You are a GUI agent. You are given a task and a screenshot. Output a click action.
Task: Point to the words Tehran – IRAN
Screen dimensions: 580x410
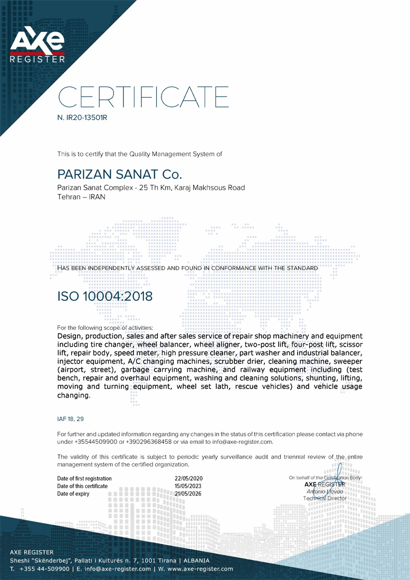81,197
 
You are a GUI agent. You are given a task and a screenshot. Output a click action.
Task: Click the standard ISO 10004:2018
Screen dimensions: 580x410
104,296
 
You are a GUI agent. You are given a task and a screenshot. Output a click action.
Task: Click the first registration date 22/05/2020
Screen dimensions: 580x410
181,478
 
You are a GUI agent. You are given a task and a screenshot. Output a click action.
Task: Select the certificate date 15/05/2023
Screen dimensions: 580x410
181,486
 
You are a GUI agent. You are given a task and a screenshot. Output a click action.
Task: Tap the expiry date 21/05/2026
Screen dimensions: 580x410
181,494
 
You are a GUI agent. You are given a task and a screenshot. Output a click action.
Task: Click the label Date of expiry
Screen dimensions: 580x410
73,494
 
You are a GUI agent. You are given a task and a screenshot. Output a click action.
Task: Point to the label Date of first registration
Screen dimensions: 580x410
84,478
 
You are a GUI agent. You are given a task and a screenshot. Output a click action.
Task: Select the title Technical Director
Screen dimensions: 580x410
325,498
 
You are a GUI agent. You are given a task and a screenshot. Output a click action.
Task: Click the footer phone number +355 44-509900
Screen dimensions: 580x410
44,569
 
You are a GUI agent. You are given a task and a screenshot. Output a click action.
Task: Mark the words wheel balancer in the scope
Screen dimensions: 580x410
161,344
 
